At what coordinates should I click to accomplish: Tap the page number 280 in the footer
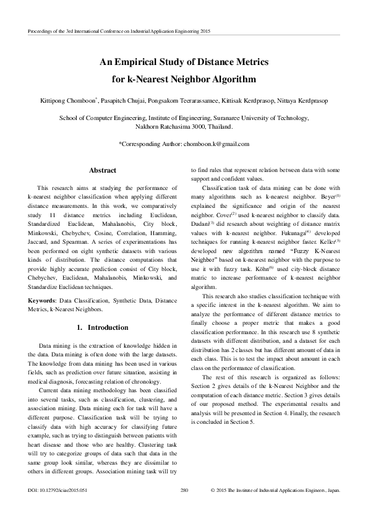[184, 507]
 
